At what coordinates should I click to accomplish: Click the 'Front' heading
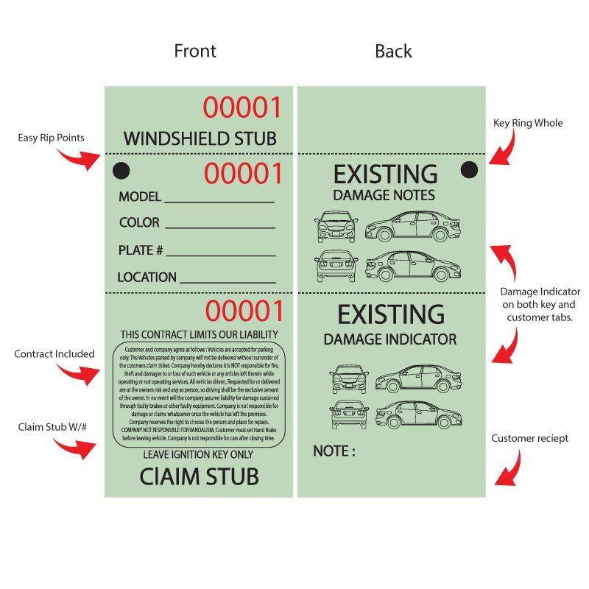point(195,51)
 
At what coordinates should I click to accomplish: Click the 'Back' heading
point(393,51)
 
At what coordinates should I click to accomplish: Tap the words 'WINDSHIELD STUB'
point(200,138)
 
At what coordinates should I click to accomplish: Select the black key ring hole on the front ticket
point(121,172)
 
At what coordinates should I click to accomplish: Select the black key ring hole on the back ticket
point(469,170)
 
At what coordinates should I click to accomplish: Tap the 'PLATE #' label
point(141,250)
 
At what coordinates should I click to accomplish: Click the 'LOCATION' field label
point(147,278)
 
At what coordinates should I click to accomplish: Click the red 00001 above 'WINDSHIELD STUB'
point(242,108)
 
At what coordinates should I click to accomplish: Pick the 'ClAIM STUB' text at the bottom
point(199,476)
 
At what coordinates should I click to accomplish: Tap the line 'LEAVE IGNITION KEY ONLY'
point(198,455)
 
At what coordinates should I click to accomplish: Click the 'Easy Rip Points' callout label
point(52,138)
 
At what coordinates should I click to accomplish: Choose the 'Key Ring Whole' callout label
point(527,123)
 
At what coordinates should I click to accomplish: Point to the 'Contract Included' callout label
point(54,354)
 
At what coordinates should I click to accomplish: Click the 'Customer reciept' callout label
point(530,439)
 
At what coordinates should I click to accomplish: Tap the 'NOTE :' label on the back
point(334,451)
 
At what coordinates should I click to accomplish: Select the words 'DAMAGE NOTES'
point(384,196)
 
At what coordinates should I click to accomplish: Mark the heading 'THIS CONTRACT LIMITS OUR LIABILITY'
point(199,334)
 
